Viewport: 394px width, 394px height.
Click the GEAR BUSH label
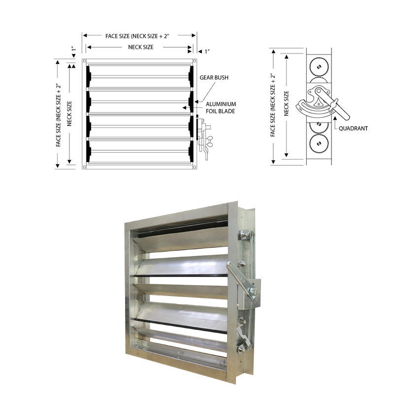pyautogui.click(x=214, y=78)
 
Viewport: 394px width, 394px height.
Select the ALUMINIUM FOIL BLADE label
pyautogui.click(x=221, y=107)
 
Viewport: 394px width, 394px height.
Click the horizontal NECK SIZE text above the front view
pyautogui.click(x=140, y=47)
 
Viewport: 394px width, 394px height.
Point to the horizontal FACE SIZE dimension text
pyautogui.click(x=140, y=36)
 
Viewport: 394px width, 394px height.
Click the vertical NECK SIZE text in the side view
pyautogui.click(x=287, y=103)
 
